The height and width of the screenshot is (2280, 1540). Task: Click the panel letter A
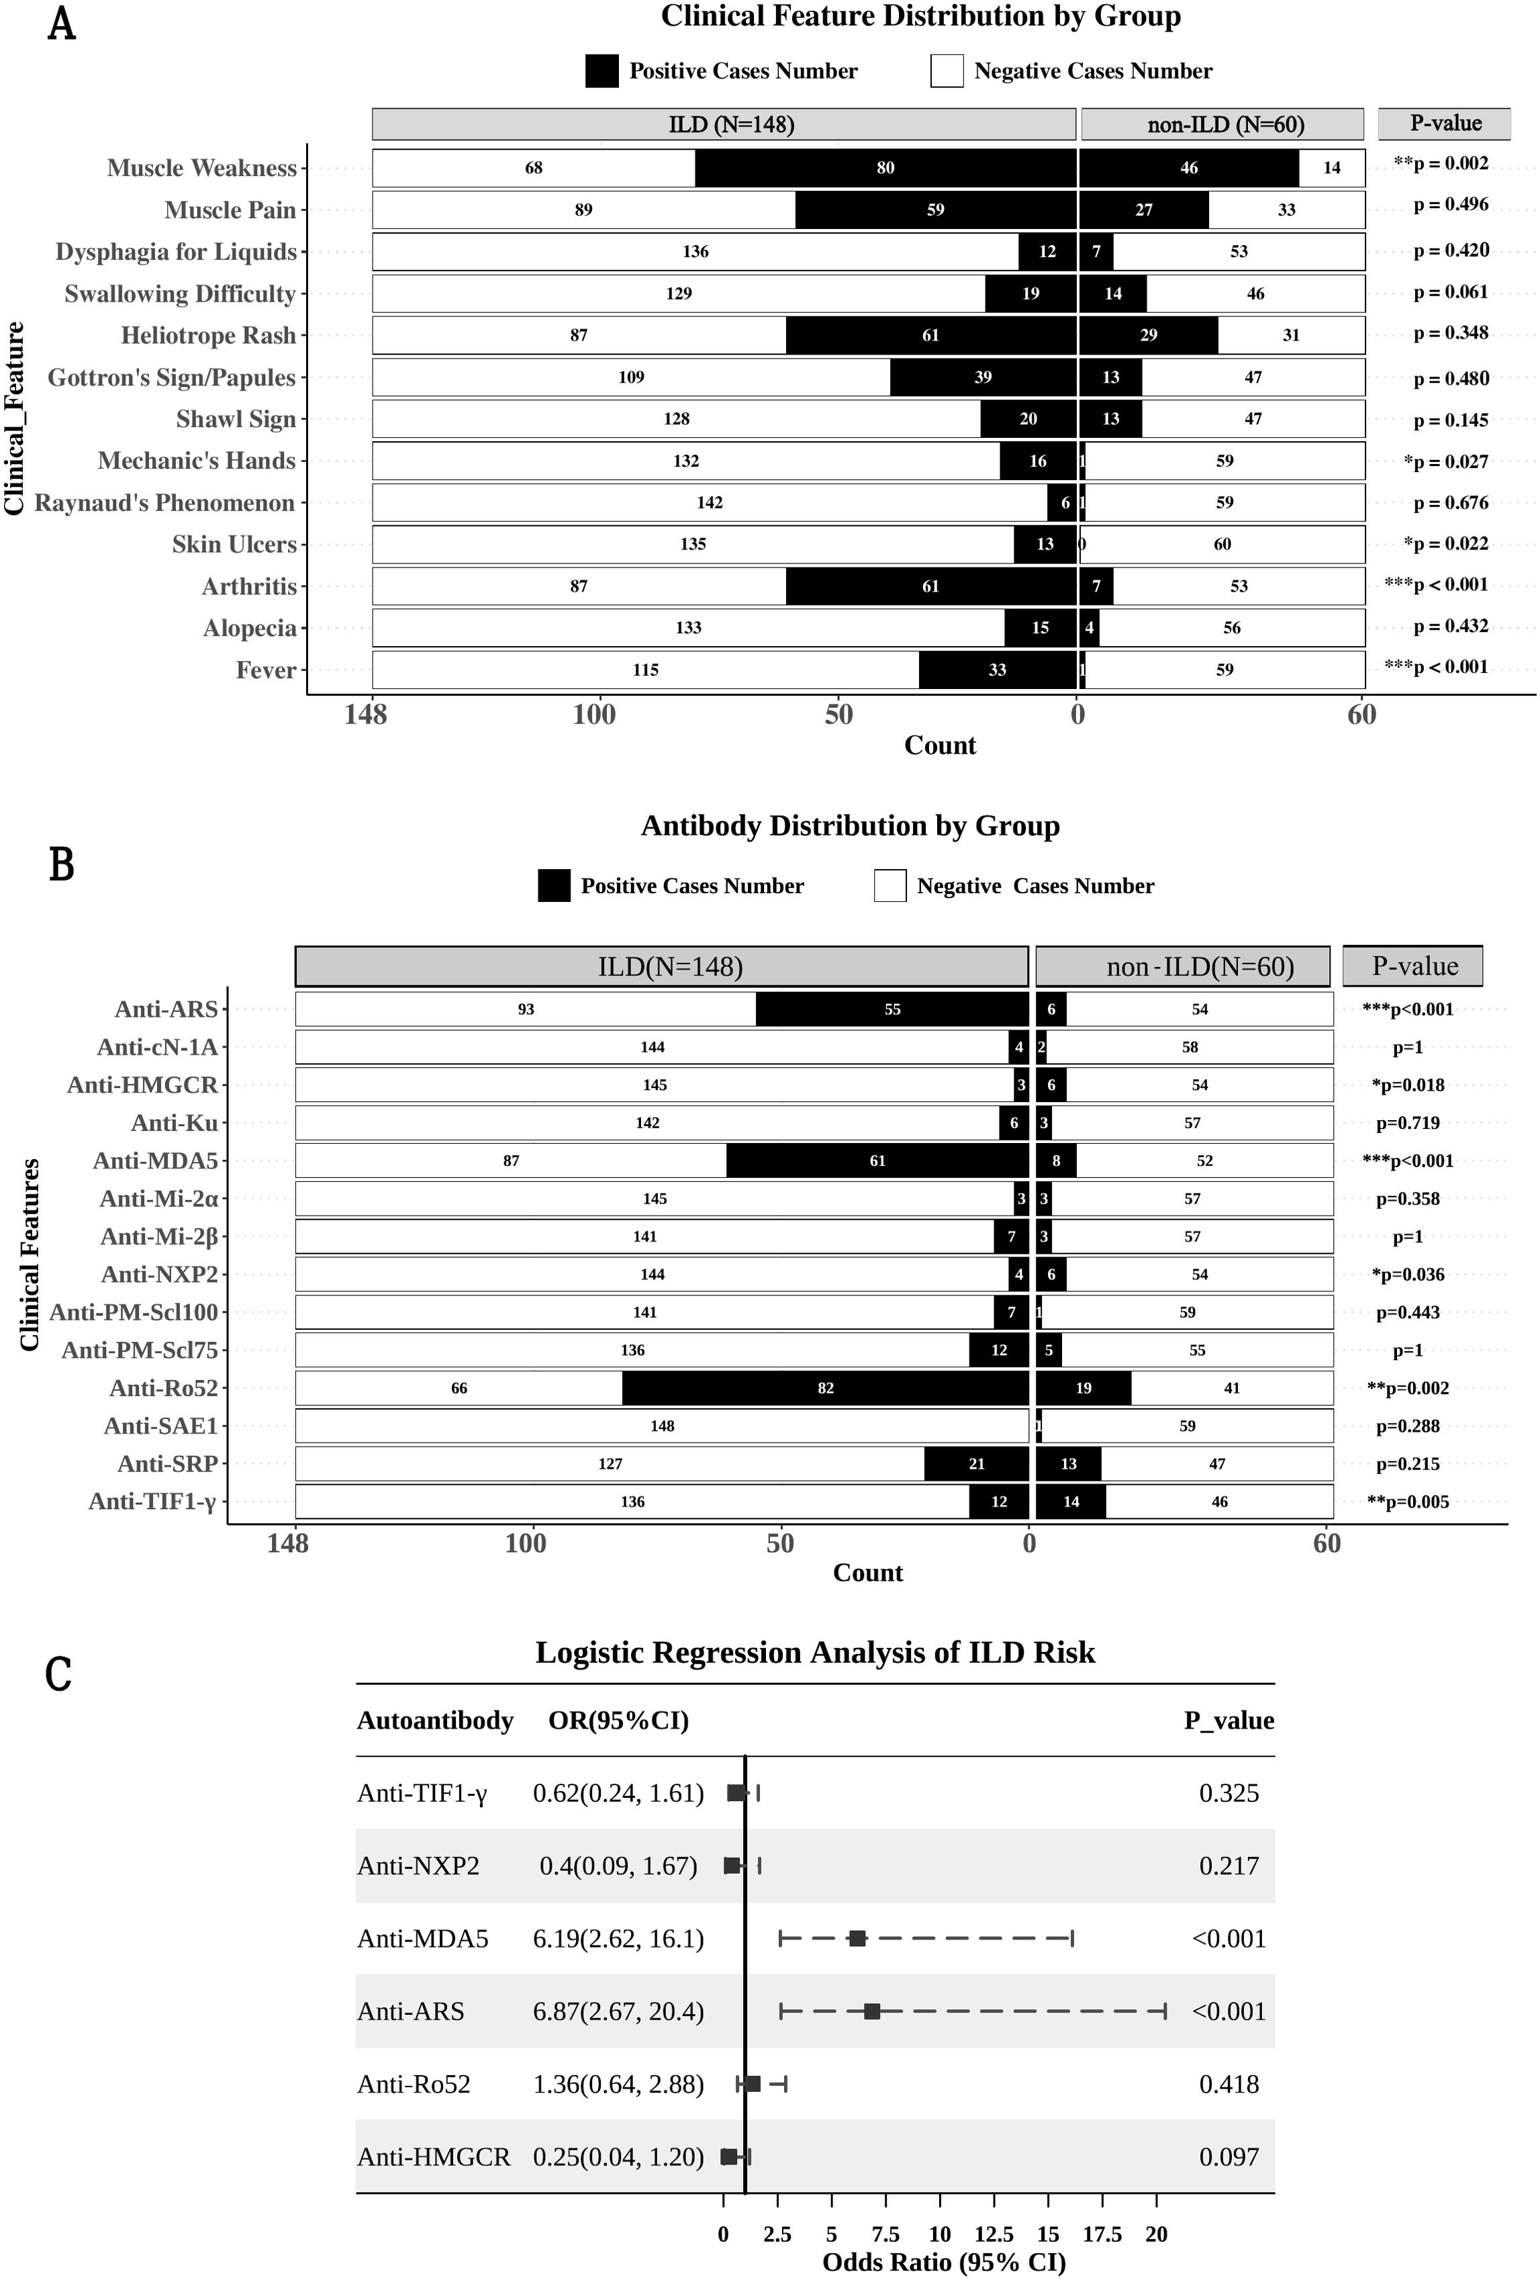[62, 24]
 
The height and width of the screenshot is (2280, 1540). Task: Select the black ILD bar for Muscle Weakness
[885, 168]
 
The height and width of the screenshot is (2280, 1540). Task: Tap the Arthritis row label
[249, 587]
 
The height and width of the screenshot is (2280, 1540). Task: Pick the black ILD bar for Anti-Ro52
[825, 1388]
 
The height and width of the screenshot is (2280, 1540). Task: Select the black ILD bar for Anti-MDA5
[877, 1160]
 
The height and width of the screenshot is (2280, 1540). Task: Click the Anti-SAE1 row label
[161, 1426]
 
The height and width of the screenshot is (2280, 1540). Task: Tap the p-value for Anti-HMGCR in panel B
[1408, 1085]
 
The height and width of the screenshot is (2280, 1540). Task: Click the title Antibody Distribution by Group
[849, 826]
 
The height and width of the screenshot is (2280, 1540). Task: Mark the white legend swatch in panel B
[889, 886]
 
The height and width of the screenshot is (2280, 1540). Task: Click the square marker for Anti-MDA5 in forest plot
[857, 1939]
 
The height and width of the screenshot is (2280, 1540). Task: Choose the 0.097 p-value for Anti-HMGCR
[1228, 2157]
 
